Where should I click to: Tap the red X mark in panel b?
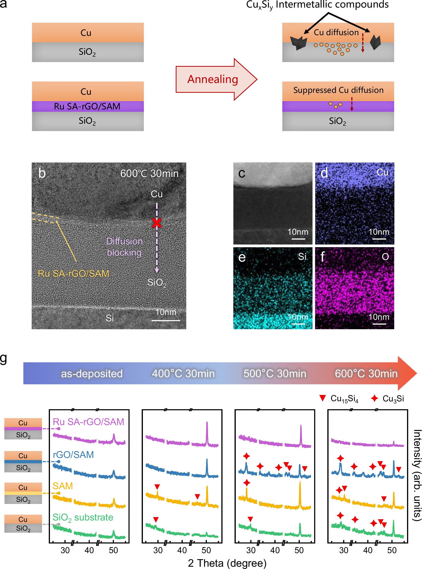[x=157, y=223]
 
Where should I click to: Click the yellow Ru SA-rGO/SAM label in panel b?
[x=73, y=274]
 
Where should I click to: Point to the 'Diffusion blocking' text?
[x=124, y=247]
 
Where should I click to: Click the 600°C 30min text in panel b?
[x=149, y=174]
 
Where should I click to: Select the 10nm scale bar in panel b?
[x=166, y=320]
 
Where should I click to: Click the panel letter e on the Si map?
[x=242, y=257]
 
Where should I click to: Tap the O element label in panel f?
[x=385, y=257]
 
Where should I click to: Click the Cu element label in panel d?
[x=382, y=172]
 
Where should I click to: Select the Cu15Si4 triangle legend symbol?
[x=322, y=398]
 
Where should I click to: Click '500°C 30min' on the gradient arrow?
[x=275, y=374]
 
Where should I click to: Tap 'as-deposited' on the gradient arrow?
[x=92, y=374]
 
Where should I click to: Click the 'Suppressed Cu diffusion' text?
[x=338, y=90]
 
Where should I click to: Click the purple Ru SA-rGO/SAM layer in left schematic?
[x=87, y=106]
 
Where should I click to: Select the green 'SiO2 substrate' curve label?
[x=83, y=517]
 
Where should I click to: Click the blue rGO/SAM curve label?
[x=73, y=455]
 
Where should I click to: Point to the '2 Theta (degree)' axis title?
[x=227, y=563]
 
